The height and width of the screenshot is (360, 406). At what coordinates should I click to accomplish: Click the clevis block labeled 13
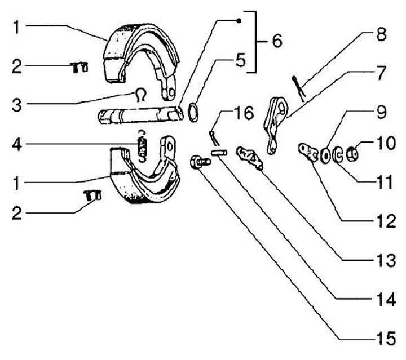(249, 157)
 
